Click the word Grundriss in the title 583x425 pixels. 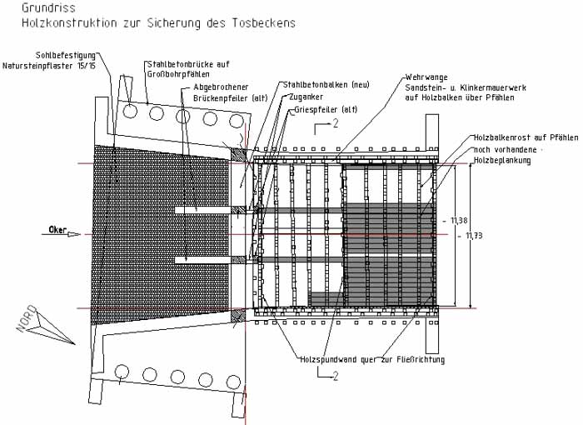point(39,8)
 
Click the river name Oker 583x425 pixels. point(57,229)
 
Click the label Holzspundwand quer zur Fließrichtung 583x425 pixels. point(372,360)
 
